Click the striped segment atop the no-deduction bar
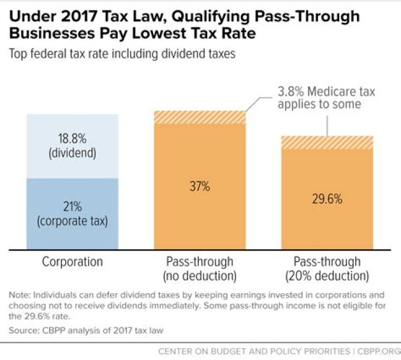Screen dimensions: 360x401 click(199, 117)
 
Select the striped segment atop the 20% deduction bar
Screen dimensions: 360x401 click(327, 142)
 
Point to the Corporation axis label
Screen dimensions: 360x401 click(72, 262)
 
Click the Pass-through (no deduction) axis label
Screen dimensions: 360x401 click(199, 268)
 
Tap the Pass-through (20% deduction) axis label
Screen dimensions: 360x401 click(327, 268)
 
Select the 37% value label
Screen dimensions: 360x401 click(199, 187)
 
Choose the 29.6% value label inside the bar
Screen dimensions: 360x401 click(327, 199)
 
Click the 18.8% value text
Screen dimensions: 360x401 click(72, 140)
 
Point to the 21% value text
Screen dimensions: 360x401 click(72, 206)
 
